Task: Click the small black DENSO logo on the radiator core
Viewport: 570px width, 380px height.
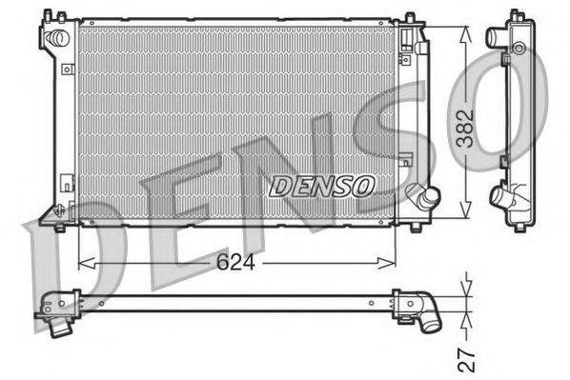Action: coord(322,185)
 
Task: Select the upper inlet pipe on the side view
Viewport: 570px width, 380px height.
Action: coord(496,38)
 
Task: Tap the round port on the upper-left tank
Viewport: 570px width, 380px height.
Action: coord(58,37)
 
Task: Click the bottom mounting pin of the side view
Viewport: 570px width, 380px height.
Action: coord(519,226)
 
